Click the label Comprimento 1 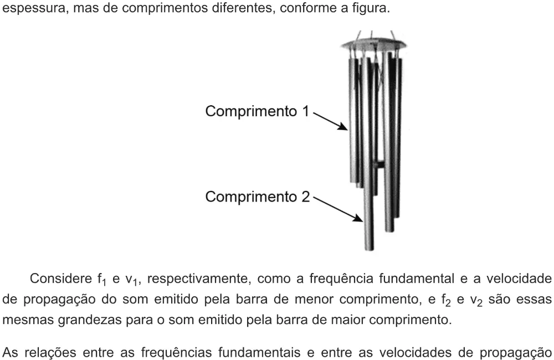click(x=257, y=112)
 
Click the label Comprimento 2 click(x=257, y=197)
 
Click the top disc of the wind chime click(x=373, y=44)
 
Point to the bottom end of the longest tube click(x=369, y=249)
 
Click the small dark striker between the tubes click(x=380, y=164)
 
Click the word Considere click(x=61, y=279)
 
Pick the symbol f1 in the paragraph click(x=102, y=280)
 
